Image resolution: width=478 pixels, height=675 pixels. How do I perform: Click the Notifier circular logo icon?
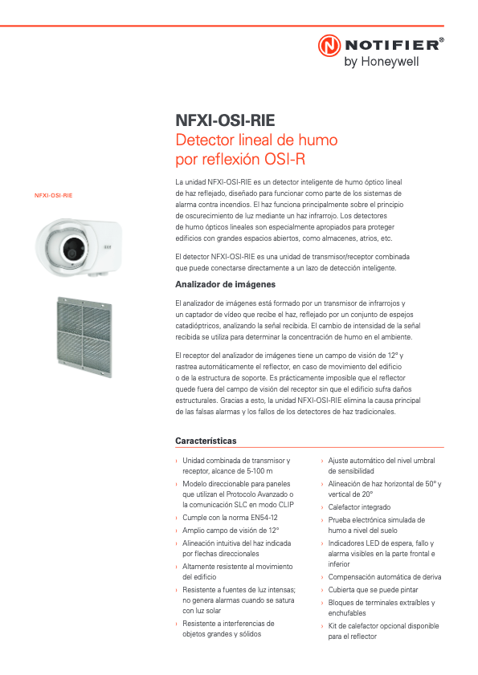[329, 46]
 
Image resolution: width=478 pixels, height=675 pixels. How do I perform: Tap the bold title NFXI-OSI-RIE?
[225, 120]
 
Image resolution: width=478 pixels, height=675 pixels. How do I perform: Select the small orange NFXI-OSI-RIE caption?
[53, 195]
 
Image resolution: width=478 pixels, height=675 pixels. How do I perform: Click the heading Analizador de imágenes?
[226, 285]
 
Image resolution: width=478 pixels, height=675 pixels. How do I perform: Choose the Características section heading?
[206, 441]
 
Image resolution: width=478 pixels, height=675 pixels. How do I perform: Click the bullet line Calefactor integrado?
[359, 507]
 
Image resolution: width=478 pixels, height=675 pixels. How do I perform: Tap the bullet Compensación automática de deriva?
[385, 577]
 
